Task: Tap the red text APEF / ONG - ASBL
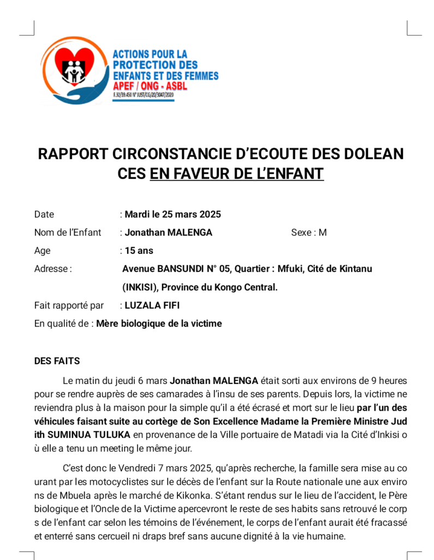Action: click(x=150, y=86)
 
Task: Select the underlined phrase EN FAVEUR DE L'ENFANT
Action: click(x=236, y=174)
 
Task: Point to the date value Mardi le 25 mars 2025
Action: click(x=173, y=214)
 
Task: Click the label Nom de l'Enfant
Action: click(x=68, y=232)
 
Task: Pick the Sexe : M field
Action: click(x=308, y=232)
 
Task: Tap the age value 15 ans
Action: click(x=139, y=250)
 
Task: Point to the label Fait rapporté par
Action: click(x=69, y=305)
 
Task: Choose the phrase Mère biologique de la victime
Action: click(x=159, y=323)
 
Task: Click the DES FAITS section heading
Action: click(x=57, y=361)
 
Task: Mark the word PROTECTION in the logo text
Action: click(x=147, y=65)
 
